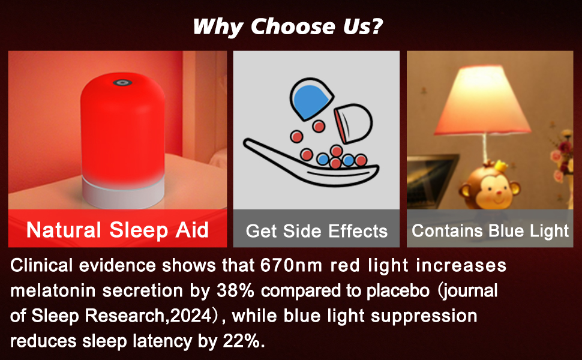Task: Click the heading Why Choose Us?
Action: (288, 27)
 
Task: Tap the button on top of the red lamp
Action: (122, 82)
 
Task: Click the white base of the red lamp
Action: (123, 192)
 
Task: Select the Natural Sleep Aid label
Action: (117, 230)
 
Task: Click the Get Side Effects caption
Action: (317, 231)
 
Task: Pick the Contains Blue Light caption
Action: (490, 230)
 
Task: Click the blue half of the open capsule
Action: (311, 100)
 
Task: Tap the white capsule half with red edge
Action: (353, 124)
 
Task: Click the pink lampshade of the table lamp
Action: (482, 100)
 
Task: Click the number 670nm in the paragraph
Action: (292, 265)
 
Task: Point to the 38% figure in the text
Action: (235, 290)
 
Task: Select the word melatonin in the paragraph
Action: (53, 290)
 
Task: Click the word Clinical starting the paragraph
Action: (41, 265)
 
